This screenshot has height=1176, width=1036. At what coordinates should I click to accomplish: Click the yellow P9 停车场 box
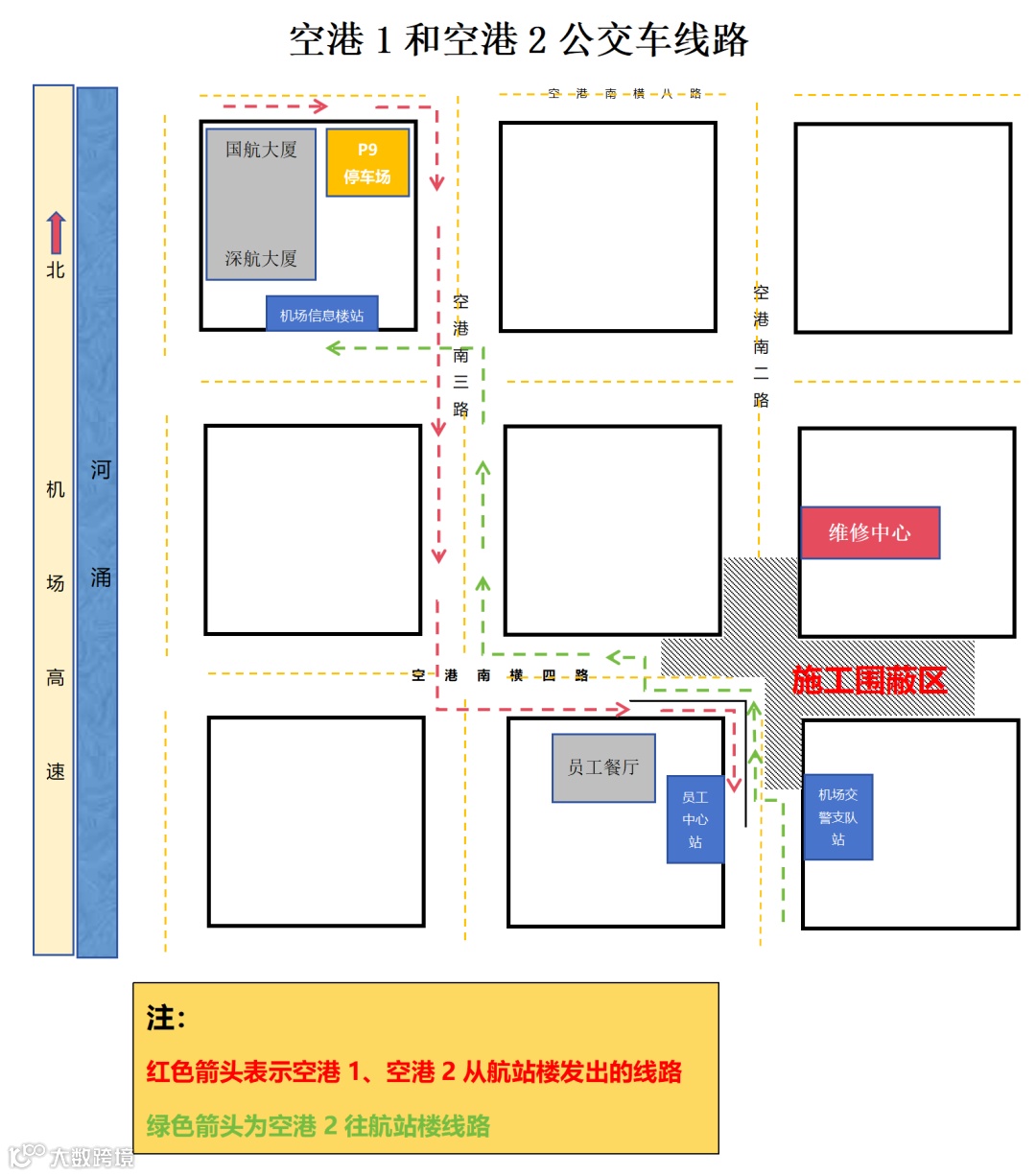coord(367,163)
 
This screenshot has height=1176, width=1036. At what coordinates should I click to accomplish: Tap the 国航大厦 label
coord(261,150)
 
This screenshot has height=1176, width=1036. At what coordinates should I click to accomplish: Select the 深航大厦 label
coord(261,259)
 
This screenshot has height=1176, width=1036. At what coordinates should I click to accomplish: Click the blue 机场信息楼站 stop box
coord(321,315)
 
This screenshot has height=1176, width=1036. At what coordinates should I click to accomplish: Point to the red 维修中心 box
coord(870,532)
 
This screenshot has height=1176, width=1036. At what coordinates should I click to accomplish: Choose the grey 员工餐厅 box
coord(603,767)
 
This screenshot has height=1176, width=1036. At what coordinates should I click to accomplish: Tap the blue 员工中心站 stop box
coord(695,819)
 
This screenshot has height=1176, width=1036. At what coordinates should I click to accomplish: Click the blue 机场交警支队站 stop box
coord(837,817)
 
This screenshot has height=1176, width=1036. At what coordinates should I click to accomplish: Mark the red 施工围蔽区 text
coord(869,680)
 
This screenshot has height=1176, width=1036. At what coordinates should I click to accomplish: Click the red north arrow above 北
coord(56,233)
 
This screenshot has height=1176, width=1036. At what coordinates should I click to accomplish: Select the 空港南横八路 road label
coord(624,94)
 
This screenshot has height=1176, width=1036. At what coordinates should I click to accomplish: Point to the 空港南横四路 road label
coord(500,675)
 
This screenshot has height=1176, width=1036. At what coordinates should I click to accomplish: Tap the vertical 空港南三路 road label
coord(460,355)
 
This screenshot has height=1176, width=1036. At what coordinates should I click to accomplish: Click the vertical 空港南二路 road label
coord(761,346)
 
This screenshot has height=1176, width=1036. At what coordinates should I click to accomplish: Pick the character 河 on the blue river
coord(100,470)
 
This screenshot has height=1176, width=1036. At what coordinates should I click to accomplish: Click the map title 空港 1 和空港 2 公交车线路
coord(518,40)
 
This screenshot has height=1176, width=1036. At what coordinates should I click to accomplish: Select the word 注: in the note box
coord(166,1018)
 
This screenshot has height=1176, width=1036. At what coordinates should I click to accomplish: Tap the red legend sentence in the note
coord(413,1071)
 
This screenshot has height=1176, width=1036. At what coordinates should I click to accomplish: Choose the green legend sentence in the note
coord(318,1125)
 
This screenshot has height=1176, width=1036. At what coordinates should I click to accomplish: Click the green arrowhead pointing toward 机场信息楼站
coord(334,347)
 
